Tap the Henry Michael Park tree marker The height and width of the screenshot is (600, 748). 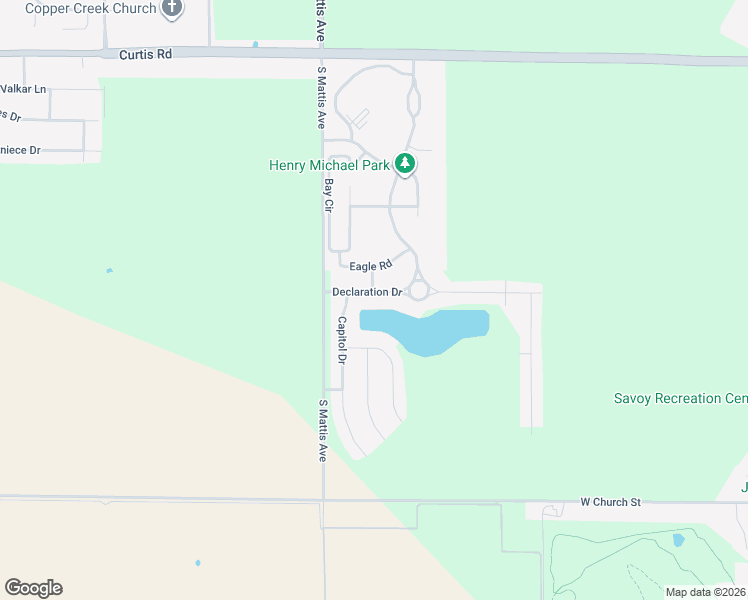point(404,163)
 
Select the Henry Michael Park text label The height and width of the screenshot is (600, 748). point(329,165)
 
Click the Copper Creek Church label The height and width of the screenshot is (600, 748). point(91,9)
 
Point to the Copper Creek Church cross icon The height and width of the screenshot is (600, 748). point(172,8)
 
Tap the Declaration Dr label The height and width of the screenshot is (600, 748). point(367,292)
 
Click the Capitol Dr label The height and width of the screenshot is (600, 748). point(342,340)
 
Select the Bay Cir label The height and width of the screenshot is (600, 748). point(327,195)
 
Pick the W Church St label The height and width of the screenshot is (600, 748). point(610,501)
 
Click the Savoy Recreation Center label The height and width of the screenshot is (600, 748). point(680,398)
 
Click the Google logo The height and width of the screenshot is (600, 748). point(33,588)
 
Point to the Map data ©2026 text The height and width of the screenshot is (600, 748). point(705,592)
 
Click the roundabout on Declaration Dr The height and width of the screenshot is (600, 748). point(419,290)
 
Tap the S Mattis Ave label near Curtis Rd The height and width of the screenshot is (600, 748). point(321,98)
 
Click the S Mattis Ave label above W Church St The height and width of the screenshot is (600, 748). point(323,430)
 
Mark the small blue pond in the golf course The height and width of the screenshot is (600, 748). point(679,540)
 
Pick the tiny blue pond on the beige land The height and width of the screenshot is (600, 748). point(197,563)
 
